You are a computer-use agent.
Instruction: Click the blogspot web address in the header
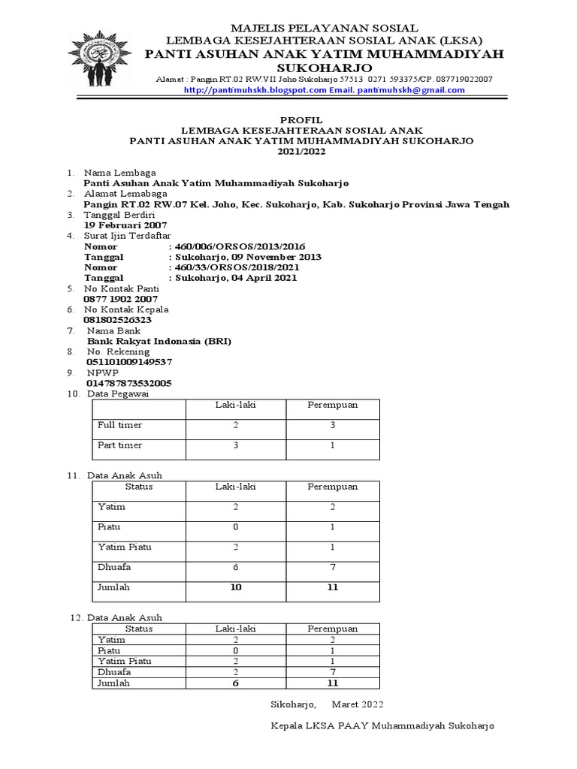pyautogui.click(x=256, y=90)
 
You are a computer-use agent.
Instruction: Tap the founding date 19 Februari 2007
pyautogui.click(x=125, y=225)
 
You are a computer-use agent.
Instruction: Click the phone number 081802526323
pyautogui.click(x=122, y=319)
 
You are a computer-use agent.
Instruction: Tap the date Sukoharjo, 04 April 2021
pyautogui.click(x=236, y=278)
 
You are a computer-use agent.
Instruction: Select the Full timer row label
pyautogui.click(x=120, y=425)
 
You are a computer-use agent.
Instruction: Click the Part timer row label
pyautogui.click(x=120, y=445)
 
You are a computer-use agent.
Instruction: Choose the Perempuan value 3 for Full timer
pyautogui.click(x=333, y=425)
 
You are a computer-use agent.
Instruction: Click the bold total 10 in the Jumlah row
pyautogui.click(x=236, y=587)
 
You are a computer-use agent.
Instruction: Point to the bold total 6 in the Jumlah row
pyautogui.click(x=236, y=683)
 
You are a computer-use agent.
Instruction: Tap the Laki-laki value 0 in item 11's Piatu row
pyautogui.click(x=236, y=527)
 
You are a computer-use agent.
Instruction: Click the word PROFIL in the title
pyautogui.click(x=301, y=120)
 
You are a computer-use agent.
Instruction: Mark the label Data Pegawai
pyautogui.click(x=118, y=394)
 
